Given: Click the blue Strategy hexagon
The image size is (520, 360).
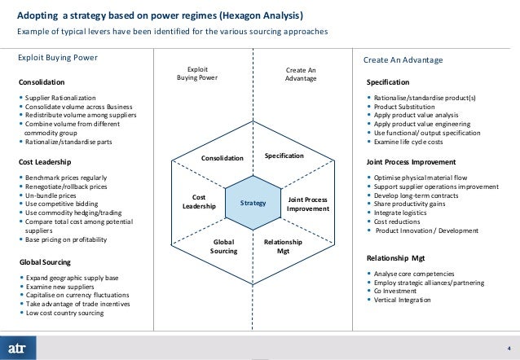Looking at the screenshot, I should (x=253, y=202).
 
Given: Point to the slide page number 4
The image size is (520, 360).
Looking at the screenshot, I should (x=509, y=345).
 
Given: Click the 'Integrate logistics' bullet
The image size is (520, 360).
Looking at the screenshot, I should (x=403, y=212).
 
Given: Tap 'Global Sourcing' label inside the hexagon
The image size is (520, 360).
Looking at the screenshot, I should (x=223, y=247).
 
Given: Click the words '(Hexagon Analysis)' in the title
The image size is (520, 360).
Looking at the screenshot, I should (x=252, y=15).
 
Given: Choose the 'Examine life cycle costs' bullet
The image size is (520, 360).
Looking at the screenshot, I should (x=414, y=143).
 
